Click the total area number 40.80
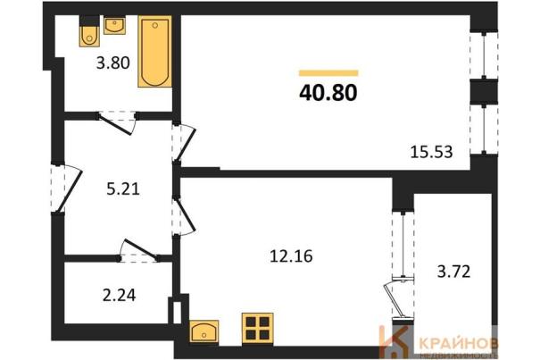coord(328,93)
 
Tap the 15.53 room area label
coord(431,152)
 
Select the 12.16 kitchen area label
coord(291,256)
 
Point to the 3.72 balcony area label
coord(453,272)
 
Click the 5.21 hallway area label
coord(123,189)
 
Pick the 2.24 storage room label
coord(120,296)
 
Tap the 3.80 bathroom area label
coord(113,63)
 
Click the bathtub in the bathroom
coord(155,52)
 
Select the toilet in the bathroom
coord(89,35)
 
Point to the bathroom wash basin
coord(114,26)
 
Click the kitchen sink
coord(204,331)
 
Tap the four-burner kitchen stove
coord(258,328)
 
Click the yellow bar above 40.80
coord(328,73)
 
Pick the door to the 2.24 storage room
coord(139,249)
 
